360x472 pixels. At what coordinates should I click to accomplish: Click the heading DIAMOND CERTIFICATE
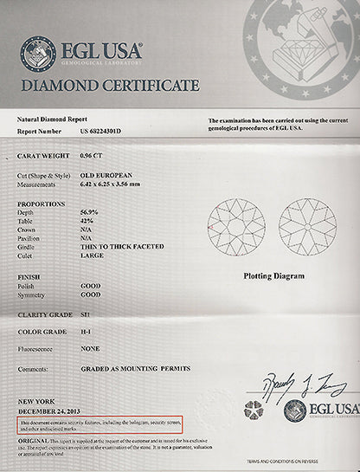coord(109,86)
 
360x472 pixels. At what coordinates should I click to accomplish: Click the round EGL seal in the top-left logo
coord(37,54)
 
